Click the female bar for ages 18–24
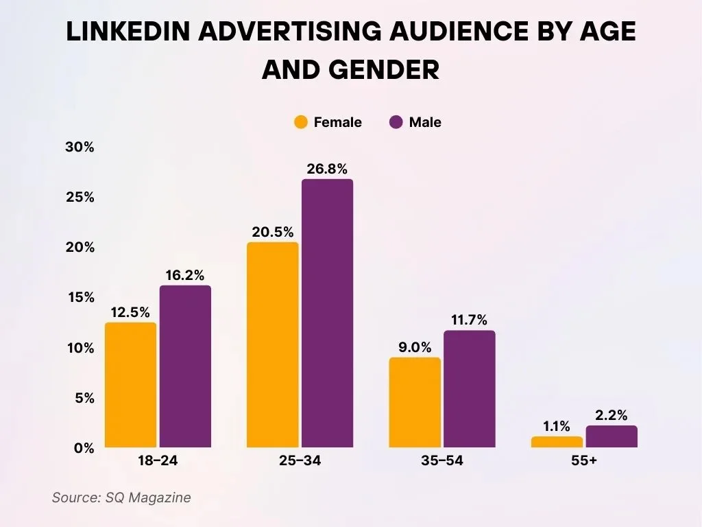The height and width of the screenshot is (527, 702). coord(130,385)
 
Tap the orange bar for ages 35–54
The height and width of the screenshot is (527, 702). coord(415,402)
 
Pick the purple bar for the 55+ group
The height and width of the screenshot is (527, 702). coord(612,436)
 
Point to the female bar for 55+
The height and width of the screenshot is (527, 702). coord(557,442)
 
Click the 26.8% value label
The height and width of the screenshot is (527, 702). coord(327,168)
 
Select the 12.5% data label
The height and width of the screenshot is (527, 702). coord(130,312)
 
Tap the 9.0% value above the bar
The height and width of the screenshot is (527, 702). coord(415,347)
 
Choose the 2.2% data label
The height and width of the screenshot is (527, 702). coord(612,414)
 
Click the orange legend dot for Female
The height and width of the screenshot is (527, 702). coord(301,123)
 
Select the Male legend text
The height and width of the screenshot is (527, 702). coord(425,123)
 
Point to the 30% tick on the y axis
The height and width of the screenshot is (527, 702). coord(80,148)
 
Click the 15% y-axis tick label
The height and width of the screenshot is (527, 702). coord(80,298)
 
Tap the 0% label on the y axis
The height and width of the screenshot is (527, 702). coord(84,448)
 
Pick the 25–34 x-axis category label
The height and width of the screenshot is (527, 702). coord(300,461)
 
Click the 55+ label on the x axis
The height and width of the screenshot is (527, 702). coord(584,461)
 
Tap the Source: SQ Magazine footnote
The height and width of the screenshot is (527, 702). coord(121,497)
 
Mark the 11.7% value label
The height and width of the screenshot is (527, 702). coord(469,320)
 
